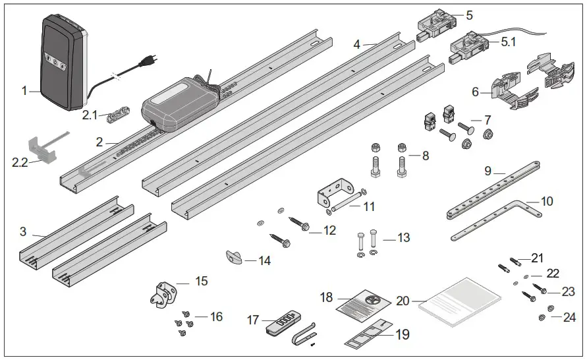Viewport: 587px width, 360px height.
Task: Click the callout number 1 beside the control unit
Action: [24, 91]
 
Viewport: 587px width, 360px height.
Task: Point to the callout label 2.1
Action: [90, 114]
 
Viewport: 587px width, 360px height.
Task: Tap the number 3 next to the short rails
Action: [23, 231]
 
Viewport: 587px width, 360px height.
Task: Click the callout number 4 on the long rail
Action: [356, 45]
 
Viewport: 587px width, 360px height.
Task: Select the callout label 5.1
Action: [509, 41]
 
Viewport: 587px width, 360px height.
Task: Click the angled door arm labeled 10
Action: [501, 215]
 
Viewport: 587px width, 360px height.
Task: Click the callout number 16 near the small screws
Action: [215, 317]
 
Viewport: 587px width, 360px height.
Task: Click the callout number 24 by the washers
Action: [569, 317]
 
